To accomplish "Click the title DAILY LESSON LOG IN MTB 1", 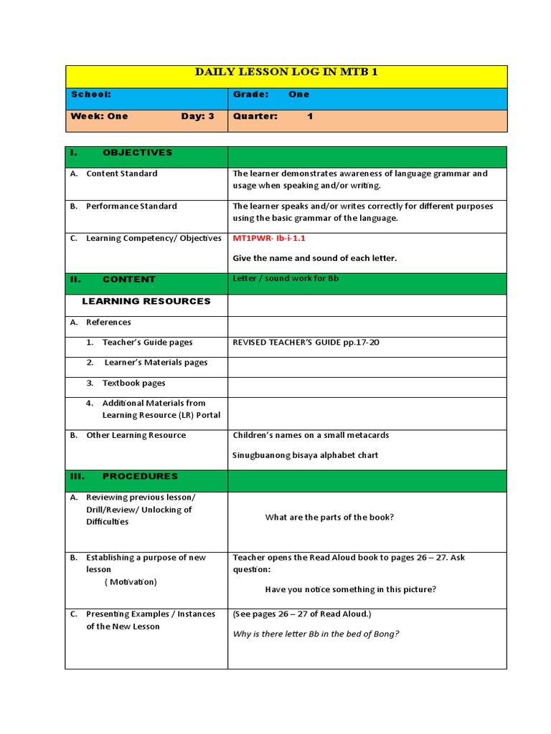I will point(286,72).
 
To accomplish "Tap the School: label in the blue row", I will point(90,95).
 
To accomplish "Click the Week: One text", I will point(99,116).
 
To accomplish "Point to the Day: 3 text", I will point(197,116).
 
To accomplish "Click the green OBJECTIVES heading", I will point(136,153).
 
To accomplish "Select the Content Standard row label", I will point(121,173).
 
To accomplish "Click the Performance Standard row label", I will point(131,206).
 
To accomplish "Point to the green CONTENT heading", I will point(128,280).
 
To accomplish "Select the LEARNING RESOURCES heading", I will point(146,301).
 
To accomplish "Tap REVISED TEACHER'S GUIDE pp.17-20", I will point(306,343).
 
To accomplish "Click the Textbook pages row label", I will point(133,383).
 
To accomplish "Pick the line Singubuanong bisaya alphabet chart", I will point(305,455).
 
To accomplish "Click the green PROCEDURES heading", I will point(139,476).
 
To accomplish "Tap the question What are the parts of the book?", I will point(329,518).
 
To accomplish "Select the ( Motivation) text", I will point(131,582).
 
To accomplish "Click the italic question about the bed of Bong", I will point(316,634).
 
